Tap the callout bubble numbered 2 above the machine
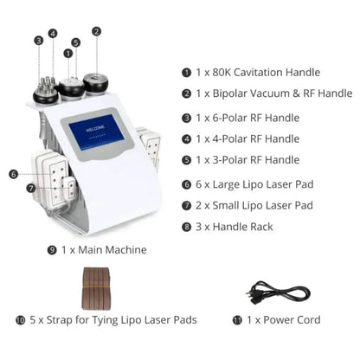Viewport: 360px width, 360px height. coord(96,31)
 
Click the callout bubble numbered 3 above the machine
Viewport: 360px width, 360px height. coord(39,41)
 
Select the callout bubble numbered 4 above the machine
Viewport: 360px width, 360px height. coord(53,34)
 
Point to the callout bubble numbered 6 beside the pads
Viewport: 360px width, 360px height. coord(14,174)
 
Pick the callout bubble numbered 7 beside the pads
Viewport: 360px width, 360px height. coord(31,189)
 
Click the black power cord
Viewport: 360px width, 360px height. coord(278,292)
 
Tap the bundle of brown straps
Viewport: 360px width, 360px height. coord(96,288)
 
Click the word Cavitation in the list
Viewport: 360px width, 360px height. coord(258,73)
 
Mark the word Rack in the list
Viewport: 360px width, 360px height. coord(261,227)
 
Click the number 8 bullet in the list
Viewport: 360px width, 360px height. coord(186,227)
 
